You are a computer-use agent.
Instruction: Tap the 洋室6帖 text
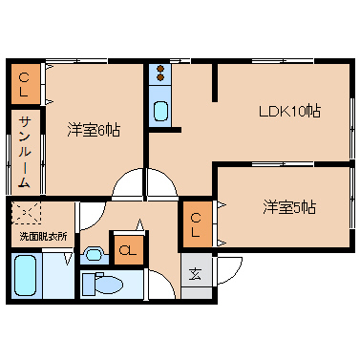coord(93,129)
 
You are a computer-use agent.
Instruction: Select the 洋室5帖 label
coord(290,207)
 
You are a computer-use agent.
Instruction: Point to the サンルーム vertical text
coord(25,149)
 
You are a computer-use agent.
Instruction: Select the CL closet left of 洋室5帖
coord(195,222)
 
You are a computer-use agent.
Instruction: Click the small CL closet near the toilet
coord(126,251)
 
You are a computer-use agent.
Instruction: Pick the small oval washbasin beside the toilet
coord(94,254)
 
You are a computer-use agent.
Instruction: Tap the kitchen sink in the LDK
coord(160,108)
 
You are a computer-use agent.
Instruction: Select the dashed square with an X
coord(25,214)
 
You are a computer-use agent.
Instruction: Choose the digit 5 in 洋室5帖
coord(298,207)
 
